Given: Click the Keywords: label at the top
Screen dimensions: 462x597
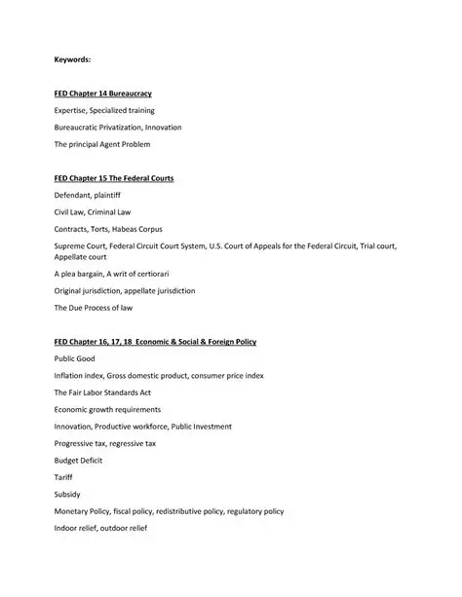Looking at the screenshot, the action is click(72, 60).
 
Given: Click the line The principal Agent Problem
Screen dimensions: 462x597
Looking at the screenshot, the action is click(102, 144).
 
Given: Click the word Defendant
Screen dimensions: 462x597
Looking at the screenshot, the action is click(73, 195).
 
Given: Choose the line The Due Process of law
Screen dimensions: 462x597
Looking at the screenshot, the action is click(94, 308).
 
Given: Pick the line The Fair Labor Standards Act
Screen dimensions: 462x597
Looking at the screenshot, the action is click(102, 392).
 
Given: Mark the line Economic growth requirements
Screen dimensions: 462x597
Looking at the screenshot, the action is click(107, 409).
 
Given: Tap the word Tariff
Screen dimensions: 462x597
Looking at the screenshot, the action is click(64, 477).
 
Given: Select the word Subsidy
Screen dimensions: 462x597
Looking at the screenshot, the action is click(67, 494).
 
